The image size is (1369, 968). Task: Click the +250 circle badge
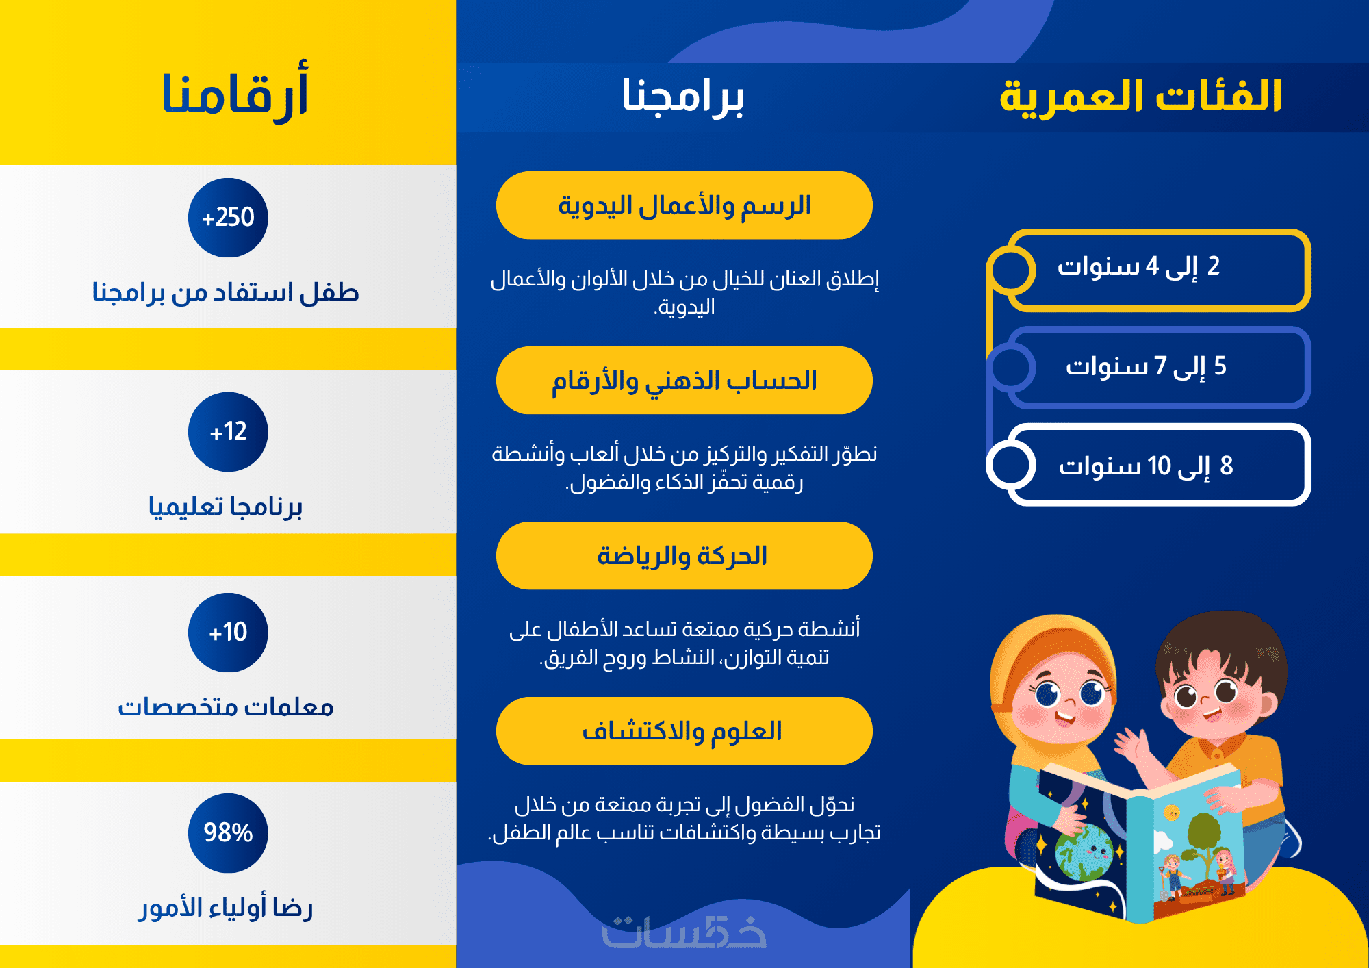click(228, 218)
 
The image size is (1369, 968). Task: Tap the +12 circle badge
click(228, 432)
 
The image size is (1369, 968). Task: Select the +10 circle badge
click(228, 633)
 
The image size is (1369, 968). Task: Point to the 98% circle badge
click(228, 833)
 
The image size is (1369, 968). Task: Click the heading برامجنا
click(682, 96)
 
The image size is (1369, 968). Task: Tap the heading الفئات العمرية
click(1140, 96)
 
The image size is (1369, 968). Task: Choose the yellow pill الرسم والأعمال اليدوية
click(684, 205)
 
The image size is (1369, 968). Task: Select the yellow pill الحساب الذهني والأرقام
click(684, 381)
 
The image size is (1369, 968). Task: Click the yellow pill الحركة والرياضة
click(684, 556)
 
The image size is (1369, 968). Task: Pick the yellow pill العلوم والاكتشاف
click(684, 731)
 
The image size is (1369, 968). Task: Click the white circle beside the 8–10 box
click(990, 465)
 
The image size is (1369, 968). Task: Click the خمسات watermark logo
click(684, 932)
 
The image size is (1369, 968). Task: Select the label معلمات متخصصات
click(226, 707)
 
